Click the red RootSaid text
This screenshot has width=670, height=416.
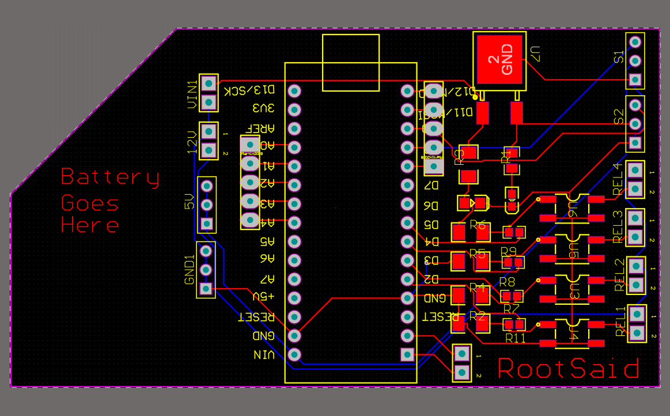coord(569,369)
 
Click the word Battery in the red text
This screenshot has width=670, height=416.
coord(110,177)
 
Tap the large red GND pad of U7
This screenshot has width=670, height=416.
coord(499,59)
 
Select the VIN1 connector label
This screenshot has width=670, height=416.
coord(192,94)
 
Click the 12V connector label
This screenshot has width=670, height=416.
coord(192,141)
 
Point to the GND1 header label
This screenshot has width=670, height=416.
coord(190,270)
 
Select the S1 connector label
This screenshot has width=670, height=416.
coord(619,58)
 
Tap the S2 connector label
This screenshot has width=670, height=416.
coord(619,116)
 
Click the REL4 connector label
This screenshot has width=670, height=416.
coord(618,179)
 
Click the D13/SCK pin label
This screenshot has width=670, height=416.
coord(250,90)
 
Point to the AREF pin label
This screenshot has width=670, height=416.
coord(262,128)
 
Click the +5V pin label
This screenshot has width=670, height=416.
coord(263,297)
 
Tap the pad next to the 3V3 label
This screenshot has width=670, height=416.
coord(294,109)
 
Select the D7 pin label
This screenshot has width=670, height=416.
coord(431,186)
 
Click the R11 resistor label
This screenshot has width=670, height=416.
coord(515,339)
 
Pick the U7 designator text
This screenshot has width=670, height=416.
coord(535,54)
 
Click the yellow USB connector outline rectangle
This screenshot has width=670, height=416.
coord(351,63)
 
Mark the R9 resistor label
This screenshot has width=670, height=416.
coord(508,251)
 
